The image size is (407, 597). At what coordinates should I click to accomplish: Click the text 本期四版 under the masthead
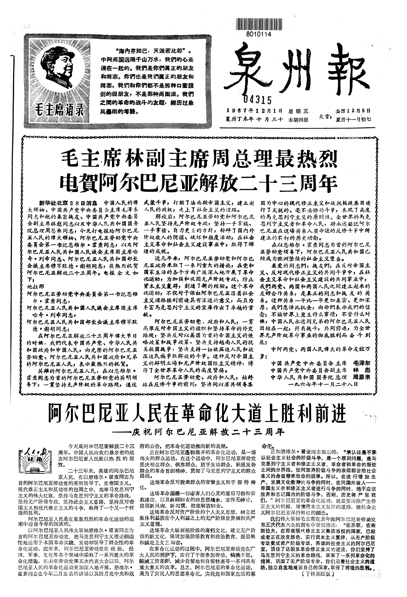(x=298, y=120)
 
